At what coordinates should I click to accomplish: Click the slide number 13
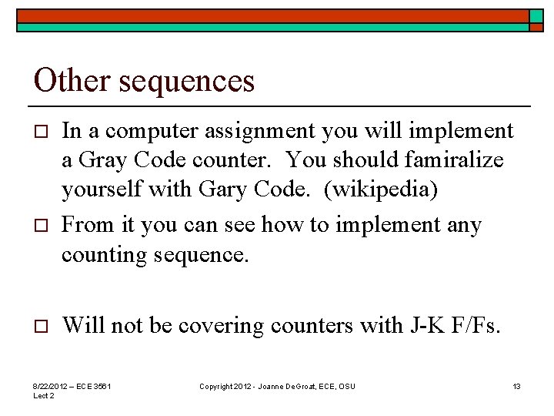pos(517,386)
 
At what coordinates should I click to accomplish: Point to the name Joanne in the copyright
pos(270,386)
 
